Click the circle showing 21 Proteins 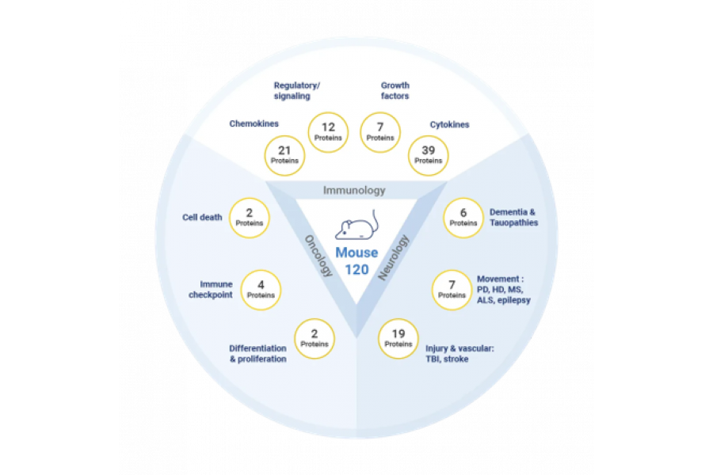coord(284,155)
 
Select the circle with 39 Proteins coord(429,155)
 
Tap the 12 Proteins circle coord(328,132)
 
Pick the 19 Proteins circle coord(398,339)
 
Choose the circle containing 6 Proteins coord(463,218)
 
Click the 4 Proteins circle coord(261,290)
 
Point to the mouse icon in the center coord(357,225)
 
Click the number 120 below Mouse coord(357,269)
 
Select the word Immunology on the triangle coord(354,191)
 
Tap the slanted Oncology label coord(318,256)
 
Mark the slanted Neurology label coord(394,257)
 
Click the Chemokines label coord(254,123)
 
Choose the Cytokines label coord(450,124)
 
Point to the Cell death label coord(202,217)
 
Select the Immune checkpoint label coord(211,290)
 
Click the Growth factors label coord(395,90)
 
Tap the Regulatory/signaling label coord(297,90)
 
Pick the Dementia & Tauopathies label coord(514,217)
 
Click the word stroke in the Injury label coord(456,359)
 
